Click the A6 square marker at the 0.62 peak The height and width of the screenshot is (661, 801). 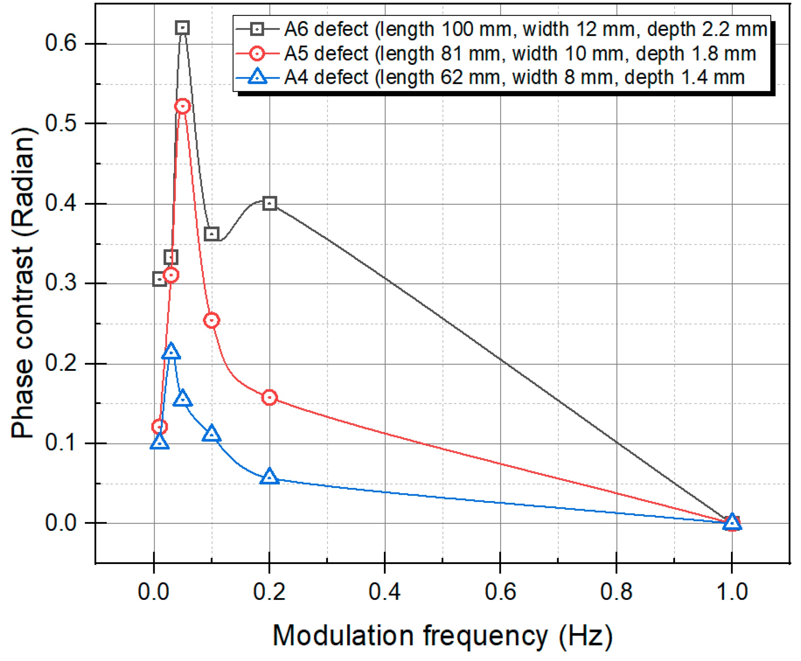pos(183,28)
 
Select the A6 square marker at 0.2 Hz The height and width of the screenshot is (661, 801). pos(270,203)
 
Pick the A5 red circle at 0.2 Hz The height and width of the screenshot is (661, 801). pos(270,397)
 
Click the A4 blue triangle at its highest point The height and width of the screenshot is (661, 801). pos(171,351)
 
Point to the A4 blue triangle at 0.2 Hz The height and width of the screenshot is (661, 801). pos(270,477)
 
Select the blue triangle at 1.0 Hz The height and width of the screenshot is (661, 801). pos(732,522)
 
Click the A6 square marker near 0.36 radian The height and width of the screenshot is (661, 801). pos(212,234)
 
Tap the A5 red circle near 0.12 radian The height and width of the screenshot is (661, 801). pos(160,427)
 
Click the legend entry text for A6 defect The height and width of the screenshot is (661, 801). pos(525,29)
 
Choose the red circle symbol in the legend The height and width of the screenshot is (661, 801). pos(257,53)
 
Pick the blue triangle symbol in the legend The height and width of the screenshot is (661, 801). pos(257,76)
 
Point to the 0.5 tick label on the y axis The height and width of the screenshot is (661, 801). pos(61,123)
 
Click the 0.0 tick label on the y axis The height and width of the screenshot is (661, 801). pos(61,523)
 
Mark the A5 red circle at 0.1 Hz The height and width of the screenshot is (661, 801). pos(212,320)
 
